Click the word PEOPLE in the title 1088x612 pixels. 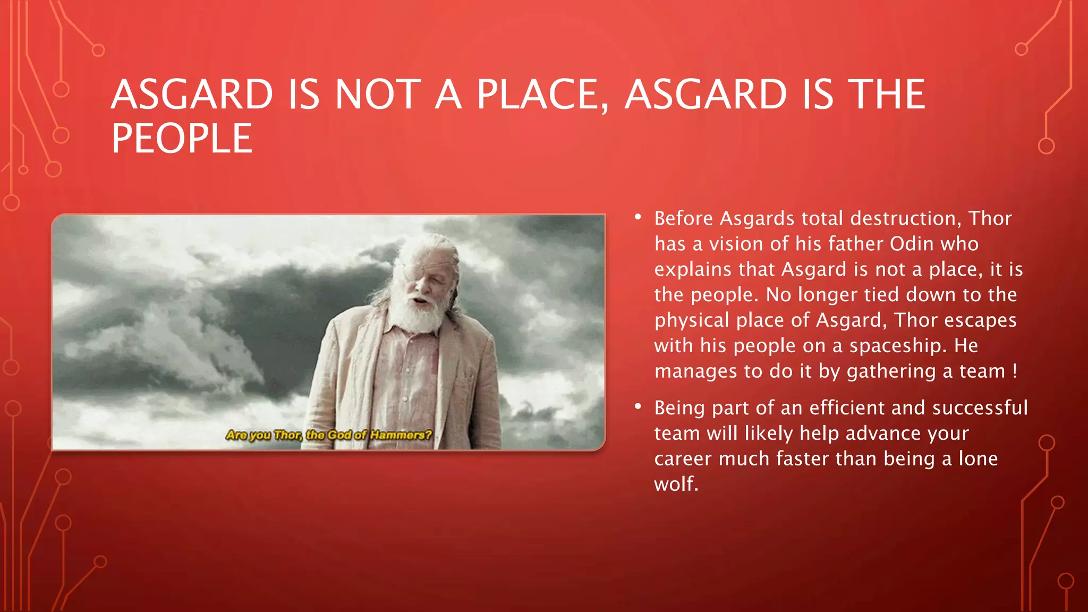point(182,139)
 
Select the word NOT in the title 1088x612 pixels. point(378,95)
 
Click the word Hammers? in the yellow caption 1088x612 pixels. point(401,435)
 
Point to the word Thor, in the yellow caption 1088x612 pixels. point(288,435)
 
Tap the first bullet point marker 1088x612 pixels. point(638,217)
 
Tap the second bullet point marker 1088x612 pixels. point(638,406)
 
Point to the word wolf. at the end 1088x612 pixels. point(676,484)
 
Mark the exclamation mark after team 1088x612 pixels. point(1015,371)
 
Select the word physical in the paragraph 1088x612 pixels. point(692,320)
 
